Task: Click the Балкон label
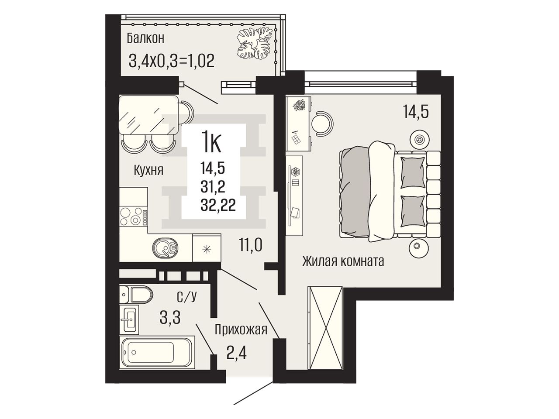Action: click(x=145, y=39)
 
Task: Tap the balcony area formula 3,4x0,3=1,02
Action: click(x=171, y=61)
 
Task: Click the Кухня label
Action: click(x=148, y=170)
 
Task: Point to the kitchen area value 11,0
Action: click(x=250, y=245)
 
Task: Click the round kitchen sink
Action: click(x=166, y=248)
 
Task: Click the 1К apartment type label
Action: click(x=211, y=144)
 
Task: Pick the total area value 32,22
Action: click(x=218, y=205)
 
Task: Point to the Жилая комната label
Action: click(x=343, y=261)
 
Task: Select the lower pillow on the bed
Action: click(x=413, y=211)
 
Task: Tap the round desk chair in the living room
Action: click(x=323, y=124)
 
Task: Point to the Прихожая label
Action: click(x=241, y=330)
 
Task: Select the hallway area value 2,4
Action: click(x=236, y=354)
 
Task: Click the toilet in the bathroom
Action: click(x=136, y=295)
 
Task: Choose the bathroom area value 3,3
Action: click(x=170, y=317)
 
